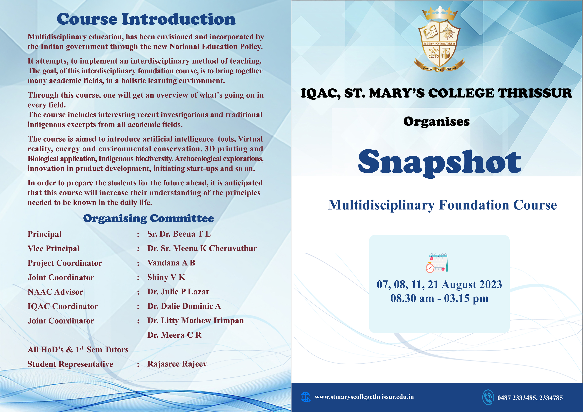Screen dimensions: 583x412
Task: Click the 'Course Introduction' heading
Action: [x=146, y=19]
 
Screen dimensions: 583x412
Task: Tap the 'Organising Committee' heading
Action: [x=149, y=218]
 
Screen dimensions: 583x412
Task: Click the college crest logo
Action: [x=440, y=39]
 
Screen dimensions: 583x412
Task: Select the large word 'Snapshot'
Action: [x=440, y=162]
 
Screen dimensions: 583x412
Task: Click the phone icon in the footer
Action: [x=488, y=397]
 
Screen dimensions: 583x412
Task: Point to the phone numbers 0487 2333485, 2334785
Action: [x=530, y=398]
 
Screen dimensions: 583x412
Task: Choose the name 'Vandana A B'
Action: [x=171, y=263]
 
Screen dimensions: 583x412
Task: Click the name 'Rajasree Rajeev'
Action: [x=177, y=364]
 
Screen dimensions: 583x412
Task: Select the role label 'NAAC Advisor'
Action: [x=55, y=292]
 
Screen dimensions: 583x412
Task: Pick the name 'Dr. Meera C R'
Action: [x=174, y=335]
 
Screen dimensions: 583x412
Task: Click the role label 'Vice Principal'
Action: [x=54, y=249]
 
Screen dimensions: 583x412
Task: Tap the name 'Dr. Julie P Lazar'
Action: [x=178, y=292]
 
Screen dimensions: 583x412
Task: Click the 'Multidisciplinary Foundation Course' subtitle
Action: [x=442, y=205]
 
